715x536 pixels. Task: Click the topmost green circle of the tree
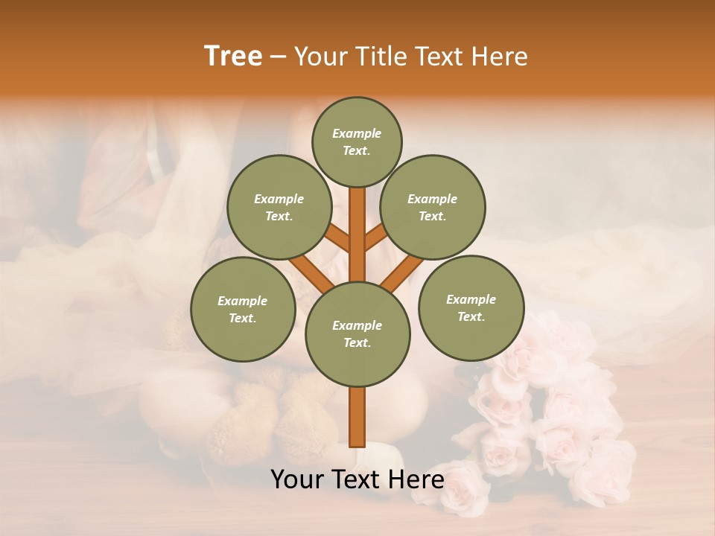[x=357, y=141]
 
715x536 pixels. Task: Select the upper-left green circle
[x=279, y=207]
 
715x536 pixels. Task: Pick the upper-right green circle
[x=432, y=207]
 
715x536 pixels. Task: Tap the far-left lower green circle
[x=243, y=309]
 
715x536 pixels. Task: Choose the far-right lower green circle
[x=471, y=307]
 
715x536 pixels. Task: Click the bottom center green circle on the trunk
[x=357, y=334]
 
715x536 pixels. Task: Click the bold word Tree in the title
[x=233, y=56]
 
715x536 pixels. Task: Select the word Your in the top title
[x=319, y=57]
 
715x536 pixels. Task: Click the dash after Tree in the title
[x=279, y=57]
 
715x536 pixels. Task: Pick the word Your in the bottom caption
[x=296, y=479]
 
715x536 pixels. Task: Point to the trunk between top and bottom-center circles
[x=357, y=234]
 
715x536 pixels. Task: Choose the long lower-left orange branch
[x=308, y=272]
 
